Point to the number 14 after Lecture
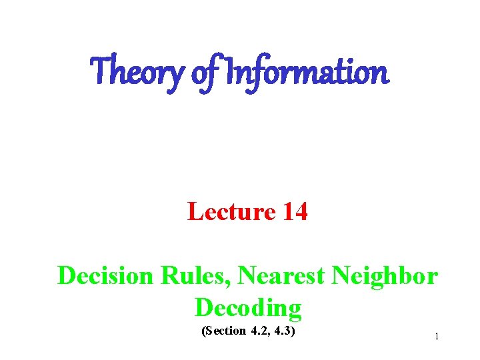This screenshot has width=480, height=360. [295, 212]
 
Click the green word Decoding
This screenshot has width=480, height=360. [248, 307]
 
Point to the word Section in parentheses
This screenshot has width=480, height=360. [224, 331]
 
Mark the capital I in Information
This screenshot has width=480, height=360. [230, 71]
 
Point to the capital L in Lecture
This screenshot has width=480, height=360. [195, 212]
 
